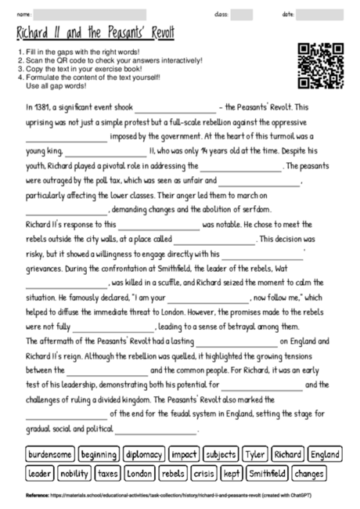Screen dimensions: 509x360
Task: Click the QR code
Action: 318,66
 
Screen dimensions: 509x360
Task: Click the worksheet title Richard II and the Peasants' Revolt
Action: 95,35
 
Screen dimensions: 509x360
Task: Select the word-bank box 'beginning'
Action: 99,454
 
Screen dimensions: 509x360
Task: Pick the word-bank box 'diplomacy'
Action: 144,454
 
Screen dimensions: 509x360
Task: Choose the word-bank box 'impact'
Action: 184,454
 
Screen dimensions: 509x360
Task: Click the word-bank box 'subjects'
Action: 221,454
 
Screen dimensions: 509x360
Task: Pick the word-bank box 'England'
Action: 324,454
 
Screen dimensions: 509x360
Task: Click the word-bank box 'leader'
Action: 40,473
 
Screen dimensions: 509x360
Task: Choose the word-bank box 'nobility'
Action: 74,473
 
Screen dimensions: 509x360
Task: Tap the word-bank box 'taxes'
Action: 108,473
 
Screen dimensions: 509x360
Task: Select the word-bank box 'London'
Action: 139,473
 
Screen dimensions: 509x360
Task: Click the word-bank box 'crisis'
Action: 204,473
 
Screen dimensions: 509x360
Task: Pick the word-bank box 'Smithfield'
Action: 267,473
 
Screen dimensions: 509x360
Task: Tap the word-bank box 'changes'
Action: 310,473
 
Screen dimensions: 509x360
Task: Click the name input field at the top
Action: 90,14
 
